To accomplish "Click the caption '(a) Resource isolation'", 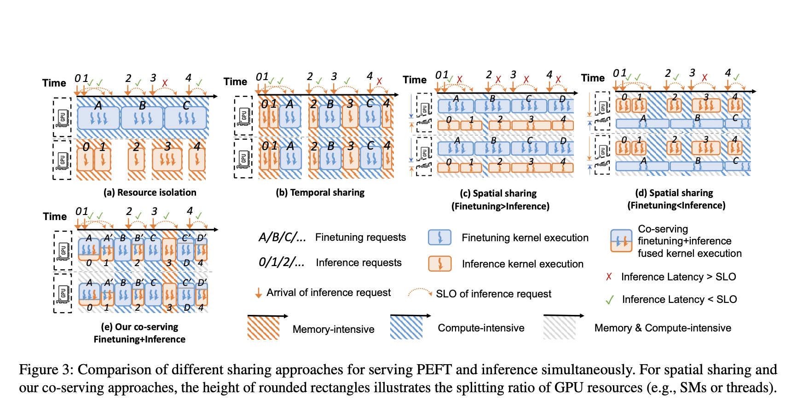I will click(x=150, y=192).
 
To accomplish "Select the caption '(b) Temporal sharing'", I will click(x=320, y=192).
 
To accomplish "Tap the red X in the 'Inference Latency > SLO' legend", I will click(x=609, y=277).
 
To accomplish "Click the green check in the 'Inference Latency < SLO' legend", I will click(x=610, y=300).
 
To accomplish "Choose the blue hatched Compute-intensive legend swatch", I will click(x=406, y=327).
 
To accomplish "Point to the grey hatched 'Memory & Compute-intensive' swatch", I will click(x=559, y=327).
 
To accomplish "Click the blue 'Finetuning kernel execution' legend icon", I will click(x=439, y=238).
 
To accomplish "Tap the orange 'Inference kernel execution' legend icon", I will click(x=439, y=264).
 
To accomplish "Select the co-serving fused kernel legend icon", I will click(x=621, y=240).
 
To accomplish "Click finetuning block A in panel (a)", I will click(x=98, y=118).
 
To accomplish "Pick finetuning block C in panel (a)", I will click(x=186, y=118).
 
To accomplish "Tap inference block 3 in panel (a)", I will click(x=167, y=159).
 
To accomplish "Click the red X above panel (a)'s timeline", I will click(x=165, y=83).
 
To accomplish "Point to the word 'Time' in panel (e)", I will click(x=55, y=216).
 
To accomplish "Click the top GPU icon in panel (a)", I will click(x=62, y=117).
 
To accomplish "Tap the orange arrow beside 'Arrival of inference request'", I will click(x=259, y=293).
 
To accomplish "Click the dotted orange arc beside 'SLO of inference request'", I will click(x=420, y=292).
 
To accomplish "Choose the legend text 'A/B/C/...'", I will click(x=282, y=238).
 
